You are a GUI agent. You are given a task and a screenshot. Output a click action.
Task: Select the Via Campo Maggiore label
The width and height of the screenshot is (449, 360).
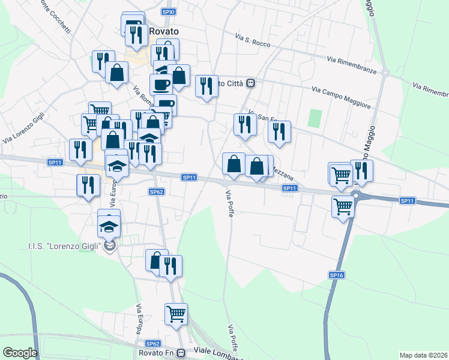[341, 98]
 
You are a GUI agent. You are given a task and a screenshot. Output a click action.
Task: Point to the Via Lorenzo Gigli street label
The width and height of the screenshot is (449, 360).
[23, 130]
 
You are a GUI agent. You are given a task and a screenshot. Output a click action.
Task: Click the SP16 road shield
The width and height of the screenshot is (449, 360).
[337, 274]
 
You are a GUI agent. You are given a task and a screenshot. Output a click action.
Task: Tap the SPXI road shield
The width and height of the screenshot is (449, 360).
[169, 11]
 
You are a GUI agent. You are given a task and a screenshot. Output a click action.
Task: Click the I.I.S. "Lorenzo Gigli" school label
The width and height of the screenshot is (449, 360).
[64, 246]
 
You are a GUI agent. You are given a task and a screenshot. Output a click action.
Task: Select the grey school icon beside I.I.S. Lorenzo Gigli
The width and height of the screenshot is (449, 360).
[109, 245]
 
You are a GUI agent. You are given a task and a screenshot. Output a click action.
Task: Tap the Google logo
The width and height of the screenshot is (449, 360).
[20, 353]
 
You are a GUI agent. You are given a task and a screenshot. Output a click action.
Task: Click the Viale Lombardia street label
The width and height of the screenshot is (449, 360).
[217, 350]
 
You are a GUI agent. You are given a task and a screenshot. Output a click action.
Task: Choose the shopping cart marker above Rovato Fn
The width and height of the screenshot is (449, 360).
[176, 314]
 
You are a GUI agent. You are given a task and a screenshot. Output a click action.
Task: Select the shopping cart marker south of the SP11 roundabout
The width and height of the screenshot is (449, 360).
[343, 206]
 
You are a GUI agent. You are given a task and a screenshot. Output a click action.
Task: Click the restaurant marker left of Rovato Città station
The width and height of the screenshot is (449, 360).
[206, 86]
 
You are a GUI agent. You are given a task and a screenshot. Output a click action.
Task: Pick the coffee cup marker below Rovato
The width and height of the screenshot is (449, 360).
[160, 85]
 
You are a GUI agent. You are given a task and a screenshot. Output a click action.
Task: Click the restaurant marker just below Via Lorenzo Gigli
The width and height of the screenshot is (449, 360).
[80, 149]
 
